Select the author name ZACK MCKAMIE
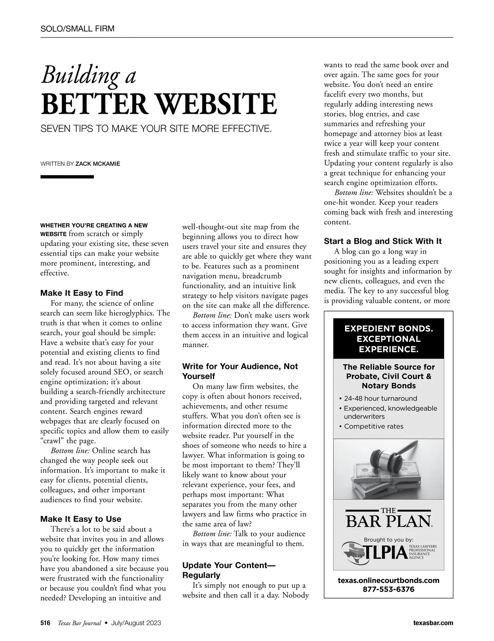click(x=98, y=164)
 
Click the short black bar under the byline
click(x=67, y=177)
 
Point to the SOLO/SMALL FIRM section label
click(x=77, y=29)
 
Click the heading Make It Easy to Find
click(x=82, y=293)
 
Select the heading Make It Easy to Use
click(x=81, y=519)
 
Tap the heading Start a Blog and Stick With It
click(x=383, y=241)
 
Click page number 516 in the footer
click(x=45, y=623)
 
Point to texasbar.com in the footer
click(x=433, y=623)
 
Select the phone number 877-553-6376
click(x=388, y=589)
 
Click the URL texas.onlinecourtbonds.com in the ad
click(x=388, y=580)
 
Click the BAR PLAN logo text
click(x=388, y=521)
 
